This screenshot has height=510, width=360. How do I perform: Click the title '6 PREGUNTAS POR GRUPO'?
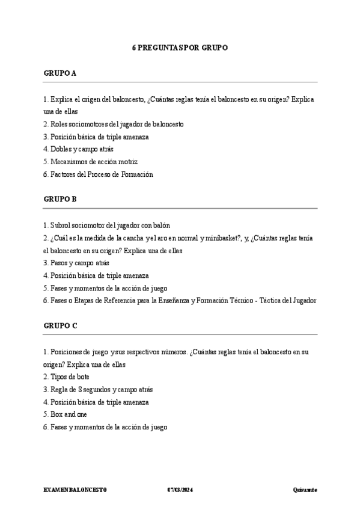pos(180,48)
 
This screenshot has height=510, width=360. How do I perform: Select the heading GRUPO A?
pos(60,73)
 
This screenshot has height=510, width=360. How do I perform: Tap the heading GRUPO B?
pos(60,199)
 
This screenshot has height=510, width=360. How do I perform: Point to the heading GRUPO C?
pos(60,325)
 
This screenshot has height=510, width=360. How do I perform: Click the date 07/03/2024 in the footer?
pos(180,490)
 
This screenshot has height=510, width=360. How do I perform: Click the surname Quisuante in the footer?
pos(305,490)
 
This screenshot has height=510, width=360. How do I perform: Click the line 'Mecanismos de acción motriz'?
pos(91,162)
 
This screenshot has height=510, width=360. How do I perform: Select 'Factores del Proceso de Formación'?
pos(98,174)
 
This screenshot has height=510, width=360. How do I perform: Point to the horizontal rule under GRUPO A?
pos(180,82)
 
